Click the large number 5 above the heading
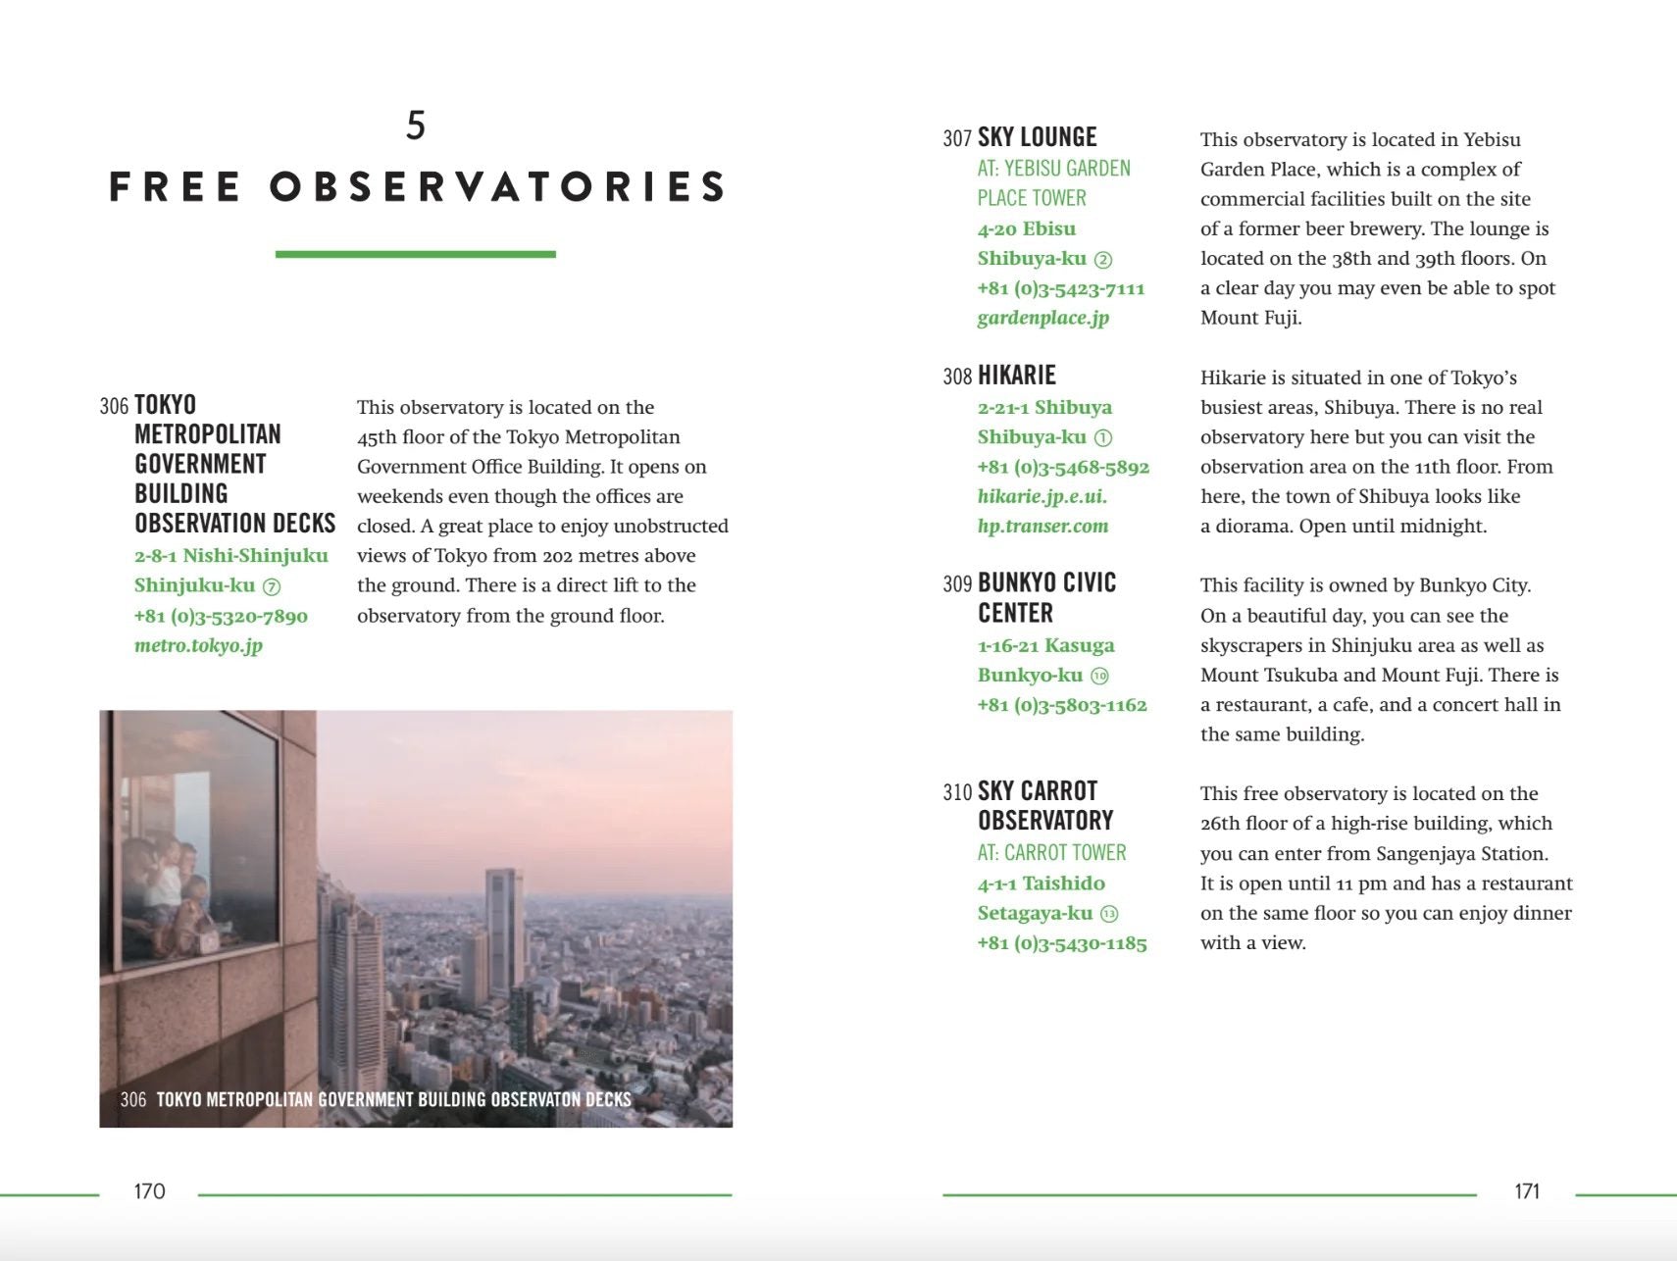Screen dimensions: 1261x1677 coord(416,126)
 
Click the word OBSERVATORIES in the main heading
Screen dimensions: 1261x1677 coord(498,186)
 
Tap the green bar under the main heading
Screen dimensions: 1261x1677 coord(415,254)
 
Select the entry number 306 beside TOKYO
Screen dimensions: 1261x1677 coord(114,406)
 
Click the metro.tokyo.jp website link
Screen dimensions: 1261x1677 coord(198,645)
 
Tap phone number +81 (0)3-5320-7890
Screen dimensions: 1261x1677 coord(221,616)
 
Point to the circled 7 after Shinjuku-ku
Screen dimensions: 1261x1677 coord(272,586)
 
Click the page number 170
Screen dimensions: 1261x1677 coord(149,1191)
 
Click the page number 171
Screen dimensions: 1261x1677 coord(1527,1191)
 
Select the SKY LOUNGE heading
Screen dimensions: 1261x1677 coord(1037,137)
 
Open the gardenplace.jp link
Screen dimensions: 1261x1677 coord(1042,318)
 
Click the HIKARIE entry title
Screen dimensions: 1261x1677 coord(1016,376)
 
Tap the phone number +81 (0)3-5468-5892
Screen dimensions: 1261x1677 coord(1063,467)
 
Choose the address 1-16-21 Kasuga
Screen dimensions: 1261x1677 coord(1045,645)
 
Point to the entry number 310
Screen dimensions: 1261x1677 coord(957,792)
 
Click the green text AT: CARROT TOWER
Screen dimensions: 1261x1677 coord(1051,853)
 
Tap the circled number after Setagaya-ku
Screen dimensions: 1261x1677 coord(1109,914)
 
